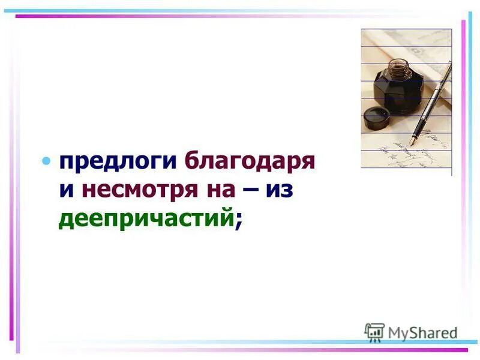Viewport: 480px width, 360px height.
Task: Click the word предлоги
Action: [x=118, y=162]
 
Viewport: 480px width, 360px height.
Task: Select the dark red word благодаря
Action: [x=250, y=162]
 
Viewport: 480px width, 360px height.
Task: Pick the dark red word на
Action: [x=221, y=190]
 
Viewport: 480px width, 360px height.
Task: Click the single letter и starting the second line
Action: [x=67, y=191]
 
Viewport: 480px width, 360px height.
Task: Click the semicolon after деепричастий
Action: [x=239, y=221]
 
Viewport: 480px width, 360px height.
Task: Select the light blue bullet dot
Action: [x=46, y=161]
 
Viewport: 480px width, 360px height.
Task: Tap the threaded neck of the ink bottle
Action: [x=397, y=64]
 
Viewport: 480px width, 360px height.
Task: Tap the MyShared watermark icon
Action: [x=374, y=332]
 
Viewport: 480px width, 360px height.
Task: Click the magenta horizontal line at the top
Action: [x=240, y=16]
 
